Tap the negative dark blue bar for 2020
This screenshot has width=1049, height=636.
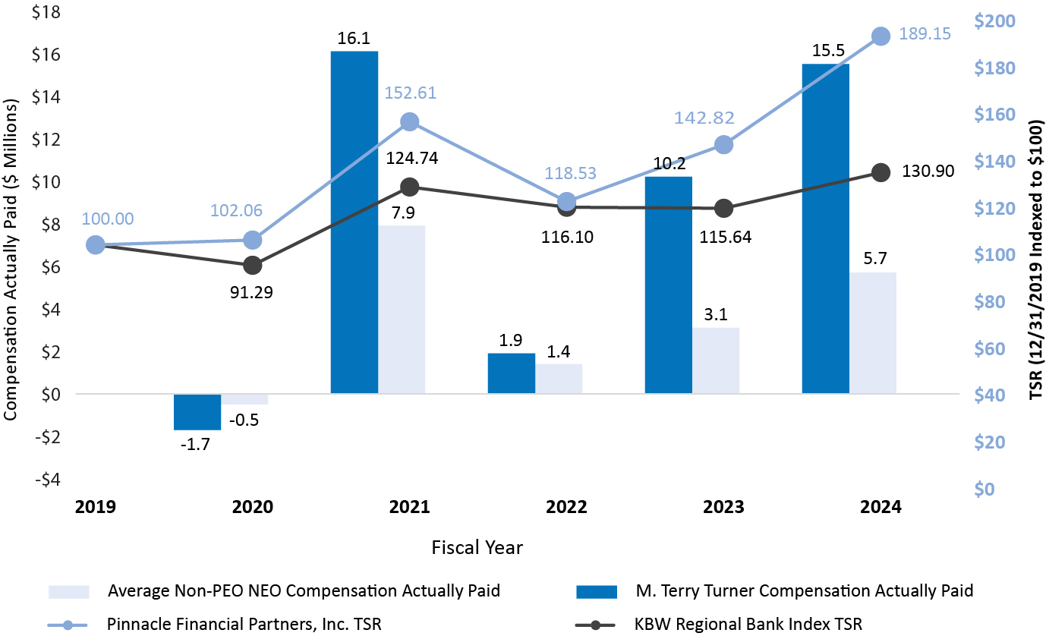click(x=197, y=412)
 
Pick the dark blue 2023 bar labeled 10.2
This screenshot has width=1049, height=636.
click(x=668, y=285)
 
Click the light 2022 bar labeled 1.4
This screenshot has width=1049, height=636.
click(x=559, y=378)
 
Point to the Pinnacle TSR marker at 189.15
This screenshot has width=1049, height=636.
click(x=880, y=36)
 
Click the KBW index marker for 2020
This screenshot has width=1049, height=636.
click(x=253, y=266)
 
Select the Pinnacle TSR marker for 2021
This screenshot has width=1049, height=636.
click(x=410, y=122)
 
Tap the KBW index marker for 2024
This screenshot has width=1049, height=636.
click(x=880, y=172)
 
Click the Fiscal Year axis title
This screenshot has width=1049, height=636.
click(x=477, y=546)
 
